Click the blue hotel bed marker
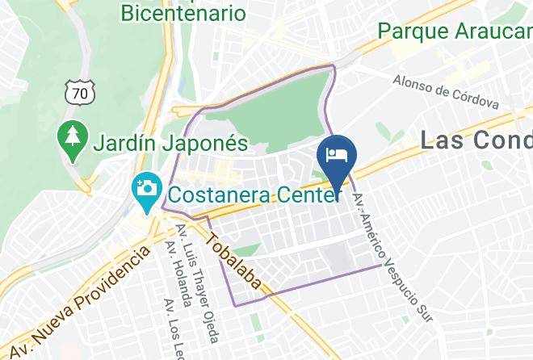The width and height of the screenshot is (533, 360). pos(335,154)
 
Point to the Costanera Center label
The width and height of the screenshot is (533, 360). pos(254,195)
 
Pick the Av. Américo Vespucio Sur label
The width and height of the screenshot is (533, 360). pos(393,251)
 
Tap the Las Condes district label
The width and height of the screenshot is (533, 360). pos(476,140)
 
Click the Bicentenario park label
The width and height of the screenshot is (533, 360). pos(183,12)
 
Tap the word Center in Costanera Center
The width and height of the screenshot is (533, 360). pos(303,195)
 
